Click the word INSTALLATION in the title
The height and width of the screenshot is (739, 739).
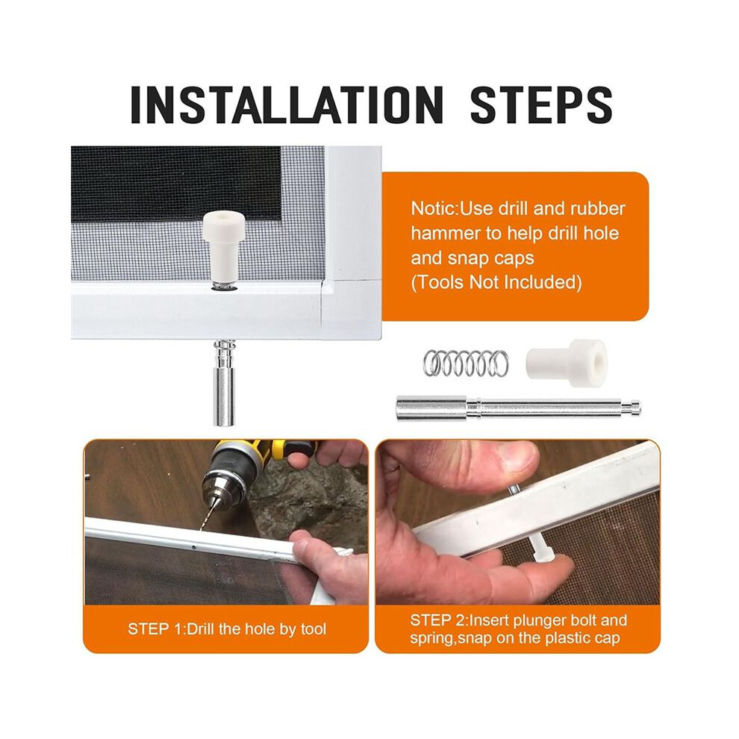click(287, 105)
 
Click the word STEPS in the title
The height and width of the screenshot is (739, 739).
click(541, 105)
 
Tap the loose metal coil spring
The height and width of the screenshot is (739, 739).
click(466, 363)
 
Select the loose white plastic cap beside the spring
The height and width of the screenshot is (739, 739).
click(566, 362)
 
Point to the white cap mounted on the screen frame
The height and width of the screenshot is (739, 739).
click(222, 244)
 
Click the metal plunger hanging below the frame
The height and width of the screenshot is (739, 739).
click(223, 383)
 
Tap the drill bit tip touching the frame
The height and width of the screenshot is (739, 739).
click(202, 528)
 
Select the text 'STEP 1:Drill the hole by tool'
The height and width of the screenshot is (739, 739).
click(227, 629)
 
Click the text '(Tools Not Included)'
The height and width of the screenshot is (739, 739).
click(496, 282)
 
